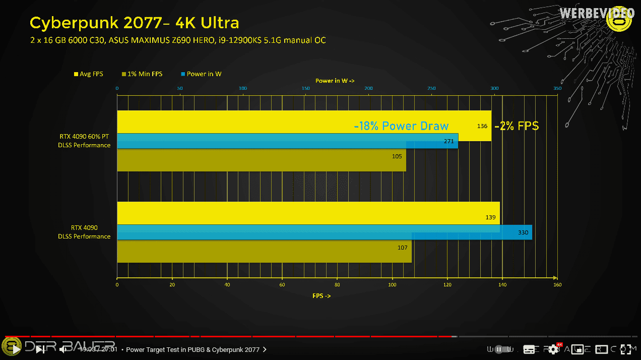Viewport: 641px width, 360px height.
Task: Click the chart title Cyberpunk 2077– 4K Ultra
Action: pyautogui.click(x=134, y=23)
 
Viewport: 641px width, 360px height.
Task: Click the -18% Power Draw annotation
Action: pyautogui.click(x=401, y=126)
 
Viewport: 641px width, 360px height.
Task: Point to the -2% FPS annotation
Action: pyautogui.click(x=517, y=126)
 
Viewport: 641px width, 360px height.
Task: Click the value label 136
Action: pyautogui.click(x=482, y=126)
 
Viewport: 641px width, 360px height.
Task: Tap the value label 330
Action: pyautogui.click(x=523, y=232)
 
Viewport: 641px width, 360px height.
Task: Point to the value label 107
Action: pyautogui.click(x=403, y=248)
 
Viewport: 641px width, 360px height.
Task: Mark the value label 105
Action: pyautogui.click(x=397, y=156)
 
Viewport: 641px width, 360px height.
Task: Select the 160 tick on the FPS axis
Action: pyautogui.click(x=557, y=285)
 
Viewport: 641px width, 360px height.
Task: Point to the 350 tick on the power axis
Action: pyautogui.click(x=557, y=89)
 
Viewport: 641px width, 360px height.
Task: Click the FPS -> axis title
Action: pyautogui.click(x=321, y=296)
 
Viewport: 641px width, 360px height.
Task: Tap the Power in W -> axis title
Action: pyautogui.click(x=335, y=81)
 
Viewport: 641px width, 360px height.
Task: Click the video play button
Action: pyautogui.click(x=16, y=349)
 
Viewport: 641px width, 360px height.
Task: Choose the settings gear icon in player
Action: pyautogui.click(x=553, y=349)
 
